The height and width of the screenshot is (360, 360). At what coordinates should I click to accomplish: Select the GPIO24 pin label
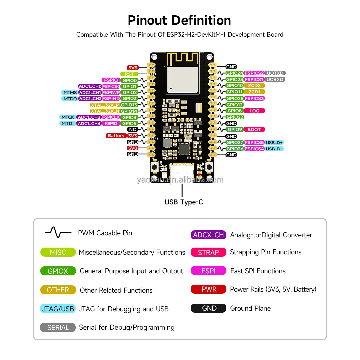[x=235, y=73]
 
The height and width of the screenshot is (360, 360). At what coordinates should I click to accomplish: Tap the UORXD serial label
[x=275, y=79]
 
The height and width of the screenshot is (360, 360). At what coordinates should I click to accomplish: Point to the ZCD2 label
[x=254, y=86]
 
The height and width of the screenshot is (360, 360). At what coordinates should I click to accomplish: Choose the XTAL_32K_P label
[x=105, y=105]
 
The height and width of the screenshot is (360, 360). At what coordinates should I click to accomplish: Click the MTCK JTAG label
[x=68, y=117]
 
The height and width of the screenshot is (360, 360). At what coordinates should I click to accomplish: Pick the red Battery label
[x=116, y=136]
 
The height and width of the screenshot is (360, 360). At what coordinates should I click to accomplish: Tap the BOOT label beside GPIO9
[x=254, y=129]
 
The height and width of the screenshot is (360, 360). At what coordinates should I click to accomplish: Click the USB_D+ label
[x=274, y=142]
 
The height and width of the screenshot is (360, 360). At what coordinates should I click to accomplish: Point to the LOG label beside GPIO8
[x=254, y=111]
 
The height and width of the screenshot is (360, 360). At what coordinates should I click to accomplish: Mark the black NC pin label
[x=133, y=129]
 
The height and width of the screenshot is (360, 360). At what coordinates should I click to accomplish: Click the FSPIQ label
[x=111, y=80]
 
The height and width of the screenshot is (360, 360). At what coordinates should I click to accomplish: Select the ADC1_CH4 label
[x=89, y=123]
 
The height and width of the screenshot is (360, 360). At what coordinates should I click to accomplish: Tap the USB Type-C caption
[x=184, y=202]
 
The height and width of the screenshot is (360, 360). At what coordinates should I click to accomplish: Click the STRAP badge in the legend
[x=208, y=252]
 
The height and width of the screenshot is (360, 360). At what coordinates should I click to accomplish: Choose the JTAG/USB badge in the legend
[x=58, y=309]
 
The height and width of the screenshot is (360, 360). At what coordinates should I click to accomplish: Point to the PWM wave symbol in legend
[x=58, y=233]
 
